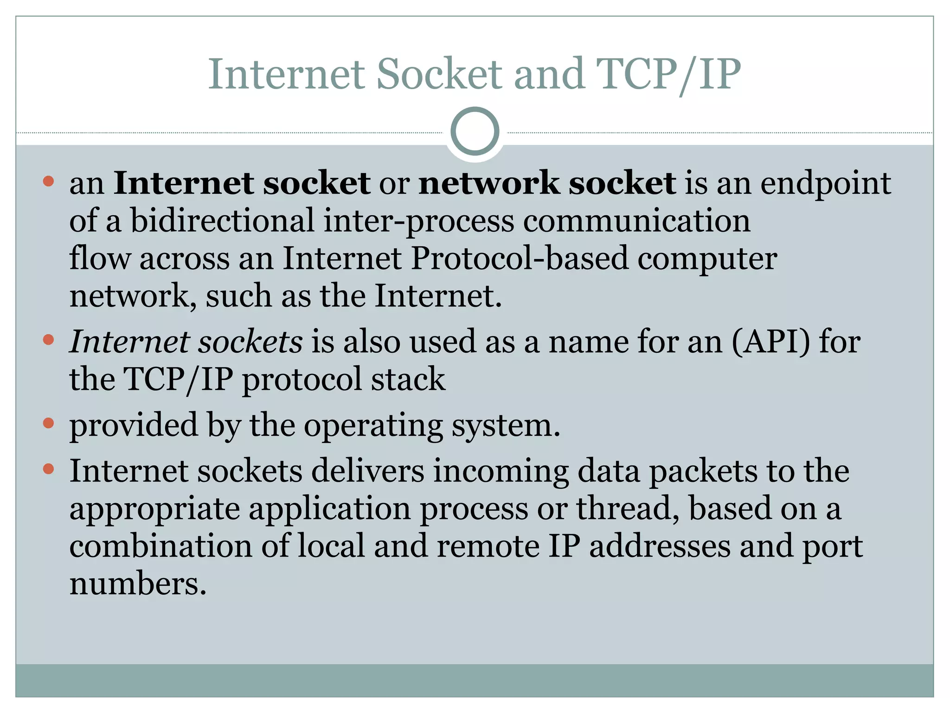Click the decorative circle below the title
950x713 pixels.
tap(475, 131)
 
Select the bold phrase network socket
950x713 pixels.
tap(547, 183)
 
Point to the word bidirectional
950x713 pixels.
tap(222, 220)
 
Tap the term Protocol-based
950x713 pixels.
tap(519, 258)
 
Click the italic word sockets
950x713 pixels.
tap(250, 342)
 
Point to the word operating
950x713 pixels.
tap(373, 426)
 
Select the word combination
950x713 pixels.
tap(160, 546)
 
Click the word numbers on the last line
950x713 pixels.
tap(137, 583)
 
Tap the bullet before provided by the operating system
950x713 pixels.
tap(48, 423)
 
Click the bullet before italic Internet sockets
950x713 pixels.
tap(48, 340)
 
